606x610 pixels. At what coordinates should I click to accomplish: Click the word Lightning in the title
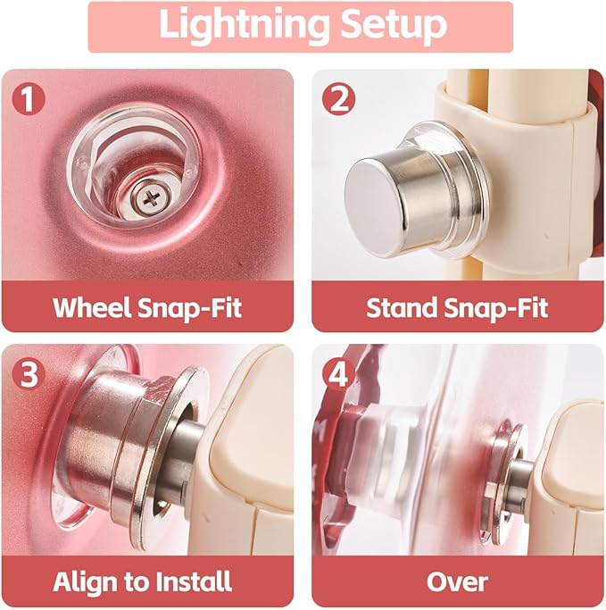245,24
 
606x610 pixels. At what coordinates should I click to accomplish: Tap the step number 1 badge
29,99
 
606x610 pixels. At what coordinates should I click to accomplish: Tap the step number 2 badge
338,99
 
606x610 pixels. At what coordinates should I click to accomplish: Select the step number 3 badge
29,374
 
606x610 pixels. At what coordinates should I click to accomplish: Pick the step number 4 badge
338,374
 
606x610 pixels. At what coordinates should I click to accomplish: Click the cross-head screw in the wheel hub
151,199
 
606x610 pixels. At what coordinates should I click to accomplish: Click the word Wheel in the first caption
91,308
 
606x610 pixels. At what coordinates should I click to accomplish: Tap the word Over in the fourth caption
457,582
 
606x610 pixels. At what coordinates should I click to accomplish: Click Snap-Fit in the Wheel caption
190,308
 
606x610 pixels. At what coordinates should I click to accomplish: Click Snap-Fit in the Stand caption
496,308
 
